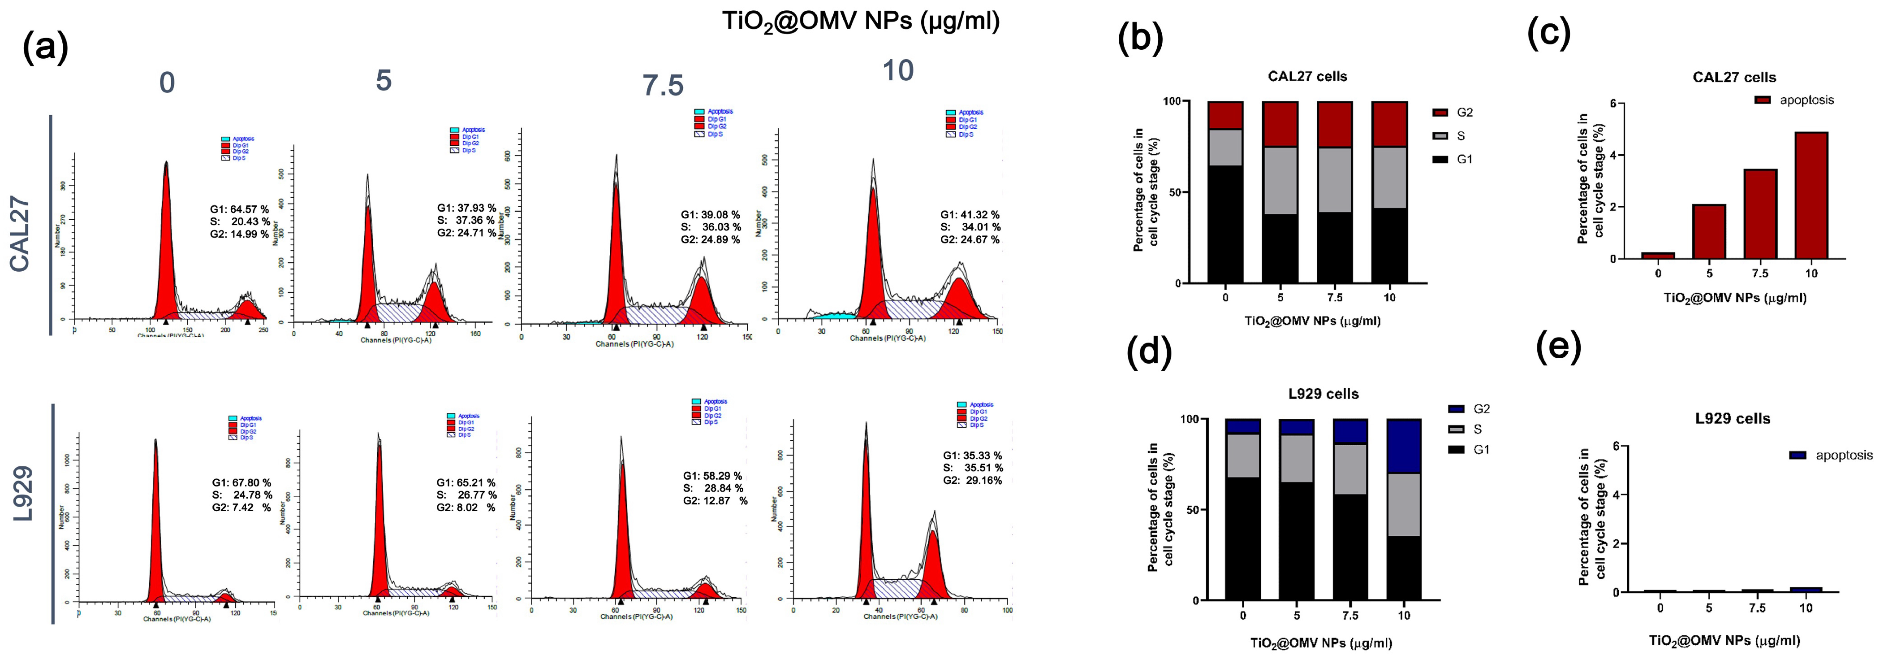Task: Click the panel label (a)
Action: [45, 48]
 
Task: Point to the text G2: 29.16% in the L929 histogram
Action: [972, 481]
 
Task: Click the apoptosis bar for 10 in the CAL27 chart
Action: [1811, 196]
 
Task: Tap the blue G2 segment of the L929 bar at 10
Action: [1404, 446]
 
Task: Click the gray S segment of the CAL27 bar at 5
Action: [1280, 181]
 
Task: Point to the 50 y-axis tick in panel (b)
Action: [1175, 192]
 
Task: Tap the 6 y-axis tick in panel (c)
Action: [1612, 103]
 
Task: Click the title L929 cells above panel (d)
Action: [1323, 394]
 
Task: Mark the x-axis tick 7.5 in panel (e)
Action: [1757, 608]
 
